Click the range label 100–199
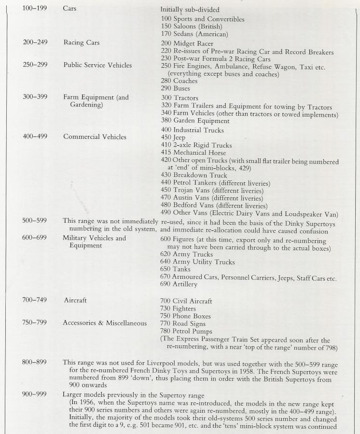(x=35, y=9)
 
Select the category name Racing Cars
(x=81, y=42)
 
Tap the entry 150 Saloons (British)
(x=191, y=27)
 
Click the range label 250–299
(x=35, y=65)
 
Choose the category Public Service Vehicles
(x=97, y=65)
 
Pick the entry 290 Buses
(x=176, y=88)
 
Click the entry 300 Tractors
(x=179, y=97)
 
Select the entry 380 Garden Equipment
(x=195, y=121)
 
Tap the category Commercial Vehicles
(x=95, y=136)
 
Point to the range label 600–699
(x=35, y=238)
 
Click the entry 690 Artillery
(x=179, y=285)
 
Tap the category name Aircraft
(x=75, y=300)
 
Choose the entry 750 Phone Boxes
(x=185, y=316)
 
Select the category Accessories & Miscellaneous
(x=105, y=323)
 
